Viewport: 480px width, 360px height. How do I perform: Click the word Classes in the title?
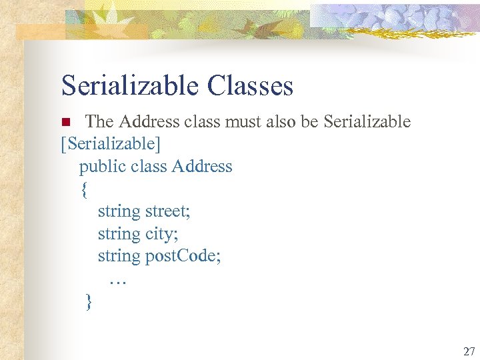(250, 86)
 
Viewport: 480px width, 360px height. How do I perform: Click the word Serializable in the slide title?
(130, 86)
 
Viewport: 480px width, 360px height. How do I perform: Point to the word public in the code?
(103, 167)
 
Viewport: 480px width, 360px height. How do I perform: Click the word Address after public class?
(202, 167)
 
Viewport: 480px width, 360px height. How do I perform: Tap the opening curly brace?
(84, 190)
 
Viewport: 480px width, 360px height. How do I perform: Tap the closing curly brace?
(89, 302)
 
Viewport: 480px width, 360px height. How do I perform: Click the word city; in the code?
(161, 235)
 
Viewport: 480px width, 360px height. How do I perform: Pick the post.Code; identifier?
(183, 257)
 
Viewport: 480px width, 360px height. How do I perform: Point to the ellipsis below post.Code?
(117, 281)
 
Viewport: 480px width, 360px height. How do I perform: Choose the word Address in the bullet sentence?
(150, 122)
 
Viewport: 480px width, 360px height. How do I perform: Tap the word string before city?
(119, 235)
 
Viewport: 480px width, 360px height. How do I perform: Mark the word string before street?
(119, 212)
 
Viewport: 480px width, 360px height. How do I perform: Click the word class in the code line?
(150, 167)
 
